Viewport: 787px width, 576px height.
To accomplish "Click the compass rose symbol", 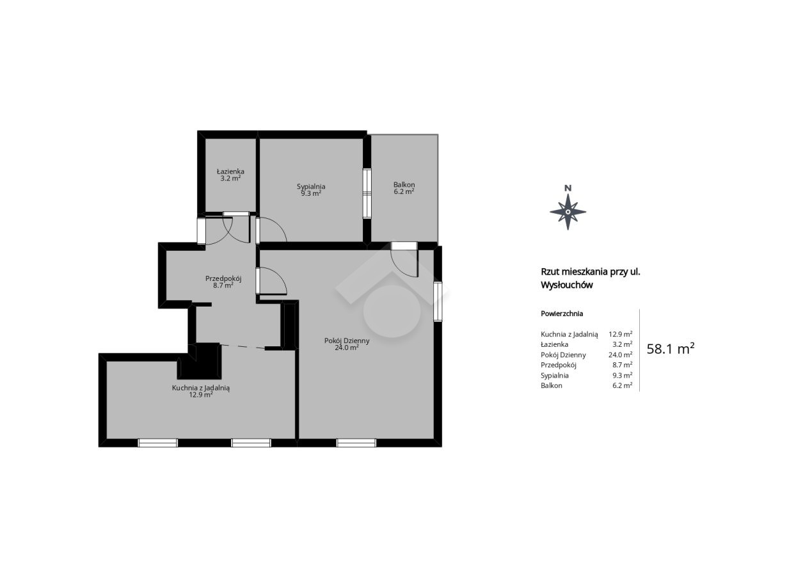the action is [568, 212].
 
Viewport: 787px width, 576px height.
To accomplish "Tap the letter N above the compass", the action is [568, 188].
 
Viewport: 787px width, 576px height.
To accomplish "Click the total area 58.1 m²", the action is [671, 349].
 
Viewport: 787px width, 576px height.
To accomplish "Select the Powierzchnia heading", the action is [562, 314].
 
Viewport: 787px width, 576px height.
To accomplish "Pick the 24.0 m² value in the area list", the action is [621, 355].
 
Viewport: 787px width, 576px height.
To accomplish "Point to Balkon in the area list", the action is [552, 385].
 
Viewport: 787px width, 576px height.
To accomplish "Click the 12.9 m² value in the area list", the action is [621, 334].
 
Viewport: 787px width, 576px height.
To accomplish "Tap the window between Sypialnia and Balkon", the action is [367, 193].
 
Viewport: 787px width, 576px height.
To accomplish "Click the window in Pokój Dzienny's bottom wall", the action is [356, 443].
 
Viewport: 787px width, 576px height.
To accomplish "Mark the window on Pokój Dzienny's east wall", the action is [438, 301].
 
